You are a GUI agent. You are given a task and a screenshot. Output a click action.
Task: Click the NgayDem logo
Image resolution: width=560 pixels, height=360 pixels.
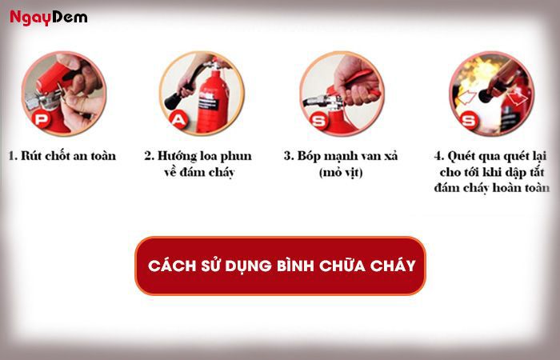point(48,18)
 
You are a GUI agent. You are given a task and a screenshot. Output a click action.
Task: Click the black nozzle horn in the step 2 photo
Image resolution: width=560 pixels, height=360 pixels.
point(173,101)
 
